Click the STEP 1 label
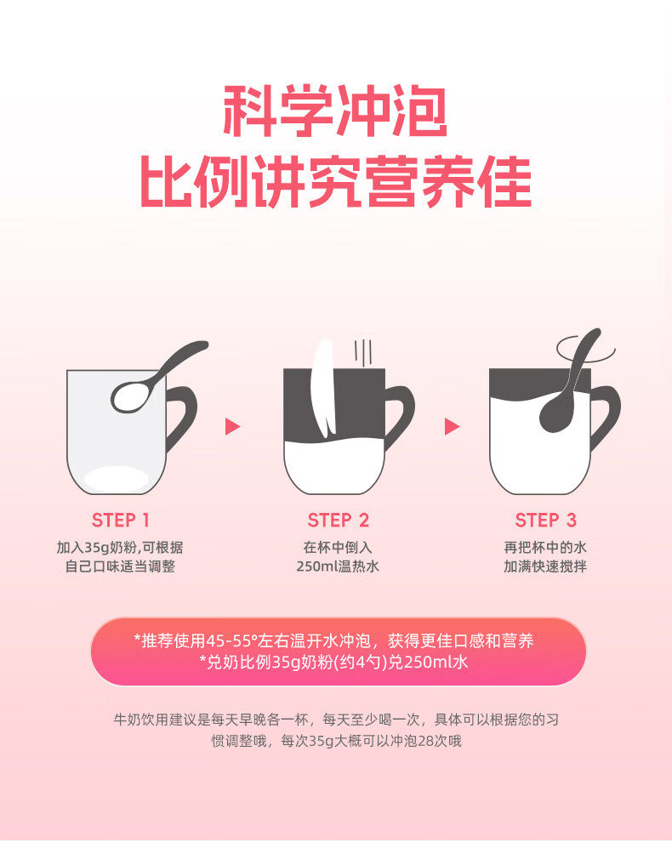coord(120,521)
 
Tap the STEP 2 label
coord(339,521)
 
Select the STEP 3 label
coord(545,521)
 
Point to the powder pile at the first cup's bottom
coord(116,479)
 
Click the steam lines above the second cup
coord(363,351)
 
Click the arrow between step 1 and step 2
coord(232,427)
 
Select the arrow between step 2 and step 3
coord(452,427)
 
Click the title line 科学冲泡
coord(335,111)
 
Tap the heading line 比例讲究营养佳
coord(335,182)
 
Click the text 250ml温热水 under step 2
coord(338,566)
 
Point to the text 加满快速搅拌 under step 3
coord(545,566)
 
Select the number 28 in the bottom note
coord(426,741)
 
